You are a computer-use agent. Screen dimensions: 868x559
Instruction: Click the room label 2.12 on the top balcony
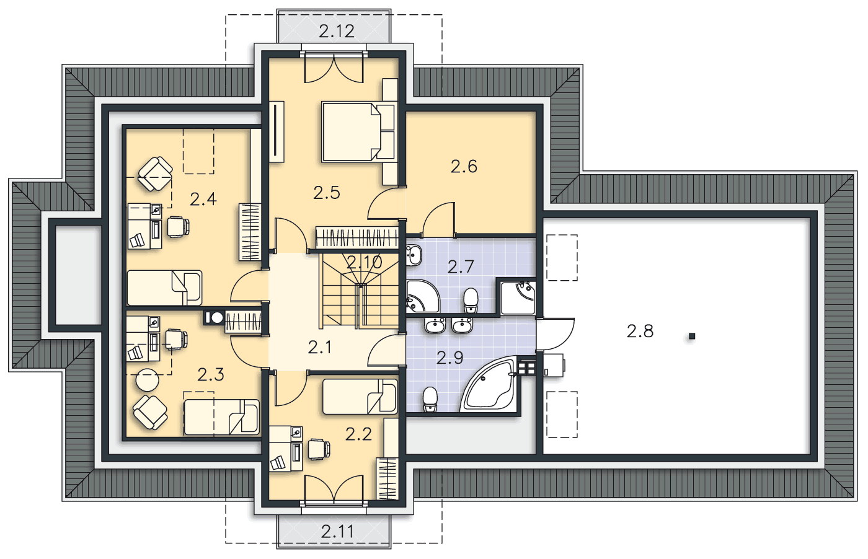pyautogui.click(x=336, y=31)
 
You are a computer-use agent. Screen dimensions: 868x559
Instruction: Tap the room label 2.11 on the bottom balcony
pyautogui.click(x=337, y=532)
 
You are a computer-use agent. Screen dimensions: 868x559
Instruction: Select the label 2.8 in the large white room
pyautogui.click(x=640, y=331)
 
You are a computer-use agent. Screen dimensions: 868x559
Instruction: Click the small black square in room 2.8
pyautogui.click(x=692, y=337)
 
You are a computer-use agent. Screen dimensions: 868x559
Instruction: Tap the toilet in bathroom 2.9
pyautogui.click(x=430, y=399)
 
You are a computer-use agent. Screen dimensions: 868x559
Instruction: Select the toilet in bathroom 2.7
pyautogui.click(x=471, y=300)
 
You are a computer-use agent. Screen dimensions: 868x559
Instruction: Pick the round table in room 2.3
pyautogui.click(x=148, y=380)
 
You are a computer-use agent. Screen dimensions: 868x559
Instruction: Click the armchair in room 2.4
pyautogui.click(x=155, y=174)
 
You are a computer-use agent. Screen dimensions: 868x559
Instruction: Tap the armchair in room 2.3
pyautogui.click(x=150, y=412)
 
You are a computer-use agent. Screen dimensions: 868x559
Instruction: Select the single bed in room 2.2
pyautogui.click(x=360, y=397)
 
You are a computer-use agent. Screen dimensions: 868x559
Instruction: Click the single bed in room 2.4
pyautogui.click(x=165, y=288)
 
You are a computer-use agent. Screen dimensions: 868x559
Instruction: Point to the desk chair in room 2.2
pyautogui.click(x=319, y=449)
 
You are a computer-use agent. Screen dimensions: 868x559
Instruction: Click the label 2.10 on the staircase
pyautogui.click(x=365, y=262)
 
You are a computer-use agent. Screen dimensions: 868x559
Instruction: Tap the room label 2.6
pyautogui.click(x=464, y=167)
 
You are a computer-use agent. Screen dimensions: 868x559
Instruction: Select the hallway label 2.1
pyautogui.click(x=320, y=348)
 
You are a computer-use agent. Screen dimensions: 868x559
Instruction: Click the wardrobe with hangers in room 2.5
pyautogui.click(x=357, y=237)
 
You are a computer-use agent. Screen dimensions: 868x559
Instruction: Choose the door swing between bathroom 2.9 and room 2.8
pyautogui.click(x=555, y=334)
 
